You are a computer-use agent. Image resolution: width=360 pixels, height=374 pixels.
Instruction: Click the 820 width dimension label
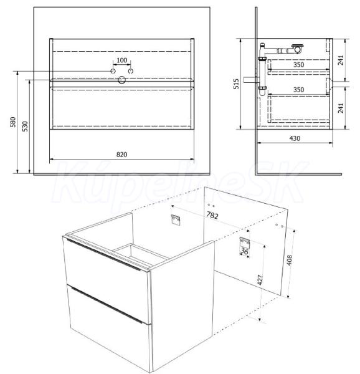(121, 155)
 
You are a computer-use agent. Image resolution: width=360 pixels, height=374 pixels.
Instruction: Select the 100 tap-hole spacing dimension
(121, 60)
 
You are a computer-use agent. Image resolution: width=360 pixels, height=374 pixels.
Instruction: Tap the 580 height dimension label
(13, 122)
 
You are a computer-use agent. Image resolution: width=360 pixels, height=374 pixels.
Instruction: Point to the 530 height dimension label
(25, 127)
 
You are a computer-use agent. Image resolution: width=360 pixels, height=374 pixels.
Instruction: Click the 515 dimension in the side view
(236, 84)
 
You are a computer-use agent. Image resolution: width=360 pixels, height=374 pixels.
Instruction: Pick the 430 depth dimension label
(295, 138)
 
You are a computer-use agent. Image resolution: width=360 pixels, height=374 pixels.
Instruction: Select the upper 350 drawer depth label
(298, 65)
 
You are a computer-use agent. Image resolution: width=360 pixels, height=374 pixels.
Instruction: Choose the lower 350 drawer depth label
(298, 90)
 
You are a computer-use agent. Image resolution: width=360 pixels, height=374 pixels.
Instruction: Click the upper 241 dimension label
(341, 60)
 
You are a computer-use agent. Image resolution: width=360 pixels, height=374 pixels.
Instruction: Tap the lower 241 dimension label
(341, 108)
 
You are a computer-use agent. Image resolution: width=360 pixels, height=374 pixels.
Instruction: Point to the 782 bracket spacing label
(212, 215)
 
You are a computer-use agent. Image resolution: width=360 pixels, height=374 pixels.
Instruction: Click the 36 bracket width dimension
(244, 251)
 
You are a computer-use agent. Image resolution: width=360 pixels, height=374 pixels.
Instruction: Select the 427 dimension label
(260, 279)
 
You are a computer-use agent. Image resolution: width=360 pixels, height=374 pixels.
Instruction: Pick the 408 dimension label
(289, 260)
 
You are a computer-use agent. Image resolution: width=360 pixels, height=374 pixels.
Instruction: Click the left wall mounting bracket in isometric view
(176, 219)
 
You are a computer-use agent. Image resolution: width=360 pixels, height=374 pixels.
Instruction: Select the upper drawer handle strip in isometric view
(103, 255)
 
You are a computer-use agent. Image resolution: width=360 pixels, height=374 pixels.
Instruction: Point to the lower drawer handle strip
(105, 304)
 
